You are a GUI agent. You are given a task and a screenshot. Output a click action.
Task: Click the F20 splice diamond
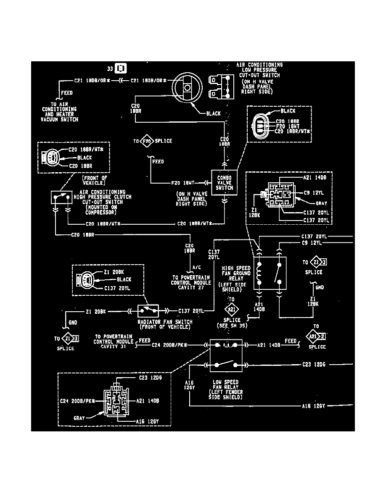147,141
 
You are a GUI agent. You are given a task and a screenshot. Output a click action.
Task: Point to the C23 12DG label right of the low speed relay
314,365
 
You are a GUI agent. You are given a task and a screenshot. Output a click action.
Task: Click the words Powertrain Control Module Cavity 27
191,283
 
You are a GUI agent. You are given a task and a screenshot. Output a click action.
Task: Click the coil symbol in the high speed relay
259,273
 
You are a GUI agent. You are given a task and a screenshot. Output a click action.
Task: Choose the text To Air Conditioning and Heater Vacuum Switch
60,111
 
